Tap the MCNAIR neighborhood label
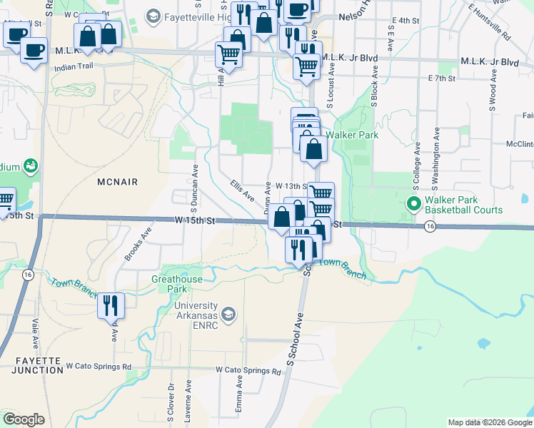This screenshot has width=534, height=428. coord(116,182)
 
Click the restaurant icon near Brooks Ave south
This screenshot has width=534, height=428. coord(111,305)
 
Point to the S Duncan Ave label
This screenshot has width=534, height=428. coord(194,183)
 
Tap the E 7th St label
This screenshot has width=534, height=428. coord(441,77)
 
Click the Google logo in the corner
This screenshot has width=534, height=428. coord(24,419)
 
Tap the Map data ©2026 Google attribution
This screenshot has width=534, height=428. coord(490,422)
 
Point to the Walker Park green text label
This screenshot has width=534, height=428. coord(351,134)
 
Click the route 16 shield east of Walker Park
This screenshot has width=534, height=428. coord(429,226)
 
